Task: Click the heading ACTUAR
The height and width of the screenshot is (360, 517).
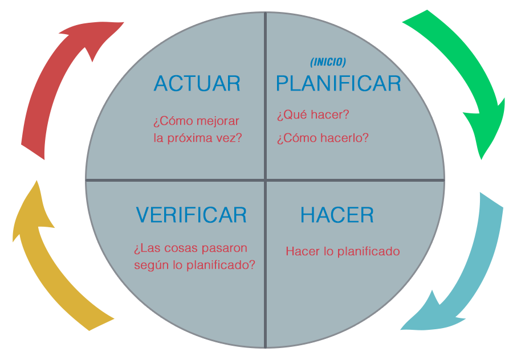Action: pos(197,84)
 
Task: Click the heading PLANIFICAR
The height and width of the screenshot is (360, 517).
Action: pos(339,84)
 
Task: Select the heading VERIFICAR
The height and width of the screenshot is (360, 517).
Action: pos(191,215)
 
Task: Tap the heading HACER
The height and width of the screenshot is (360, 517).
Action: pos(337,215)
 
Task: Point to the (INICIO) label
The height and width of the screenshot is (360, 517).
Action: pos(328,63)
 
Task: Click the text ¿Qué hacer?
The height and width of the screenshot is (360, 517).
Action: pos(313,115)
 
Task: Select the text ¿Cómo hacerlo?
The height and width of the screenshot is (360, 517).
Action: pos(323,138)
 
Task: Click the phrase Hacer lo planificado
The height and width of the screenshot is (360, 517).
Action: pos(343,251)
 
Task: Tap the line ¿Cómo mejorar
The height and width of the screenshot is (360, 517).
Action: pos(196,121)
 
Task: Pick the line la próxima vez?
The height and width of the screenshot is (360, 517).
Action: pos(198,137)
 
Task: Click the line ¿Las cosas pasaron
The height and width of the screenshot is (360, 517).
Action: pos(190,249)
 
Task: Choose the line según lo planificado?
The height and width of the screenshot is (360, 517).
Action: pos(194,265)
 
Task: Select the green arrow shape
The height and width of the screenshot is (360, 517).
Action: pos(456,85)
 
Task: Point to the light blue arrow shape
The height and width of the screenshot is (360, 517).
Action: pos(462,262)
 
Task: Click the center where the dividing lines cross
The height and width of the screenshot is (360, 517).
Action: pos(266,181)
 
